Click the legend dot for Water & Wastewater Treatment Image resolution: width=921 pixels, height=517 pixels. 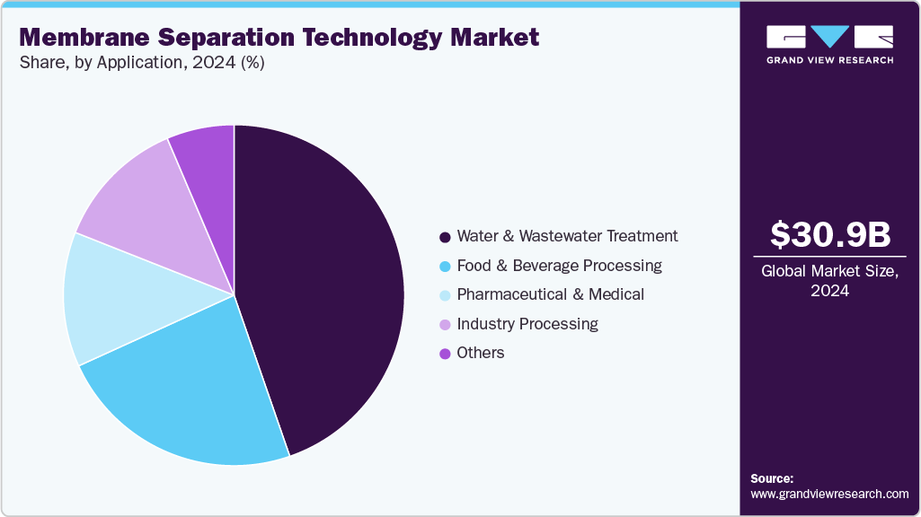click(444, 237)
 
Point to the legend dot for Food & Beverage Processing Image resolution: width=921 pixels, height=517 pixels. click(444, 267)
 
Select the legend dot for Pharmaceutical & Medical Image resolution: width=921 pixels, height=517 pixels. click(444, 295)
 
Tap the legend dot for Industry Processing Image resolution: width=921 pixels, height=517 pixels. click(444, 324)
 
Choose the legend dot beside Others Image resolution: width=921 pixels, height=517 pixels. click(444, 354)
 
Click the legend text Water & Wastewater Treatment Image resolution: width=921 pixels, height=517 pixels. click(567, 236)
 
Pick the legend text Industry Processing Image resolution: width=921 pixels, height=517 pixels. click(527, 324)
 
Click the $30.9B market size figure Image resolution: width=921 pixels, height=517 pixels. click(830, 234)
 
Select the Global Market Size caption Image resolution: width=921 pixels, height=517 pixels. click(830, 272)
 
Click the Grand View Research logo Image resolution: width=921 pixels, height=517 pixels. click(830, 44)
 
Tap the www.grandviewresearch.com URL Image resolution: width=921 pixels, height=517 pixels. click(829, 494)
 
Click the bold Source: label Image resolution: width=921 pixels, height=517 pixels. click(772, 478)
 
